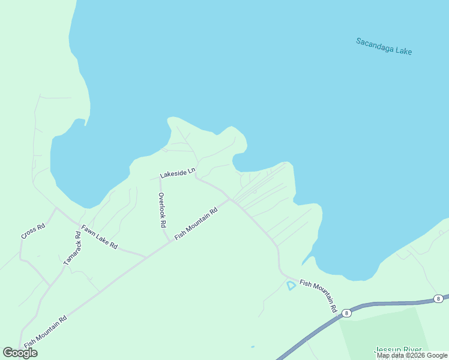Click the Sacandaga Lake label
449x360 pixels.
(384, 46)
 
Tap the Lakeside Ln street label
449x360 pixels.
(178, 173)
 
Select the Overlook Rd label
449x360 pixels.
(161, 210)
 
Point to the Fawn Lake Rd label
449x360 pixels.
(100, 237)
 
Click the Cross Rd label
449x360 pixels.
(33, 232)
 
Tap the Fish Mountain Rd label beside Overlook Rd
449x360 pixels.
(196, 224)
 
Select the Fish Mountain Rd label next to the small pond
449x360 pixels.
(318, 295)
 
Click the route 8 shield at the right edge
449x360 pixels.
(439, 299)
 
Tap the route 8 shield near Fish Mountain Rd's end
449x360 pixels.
(346, 313)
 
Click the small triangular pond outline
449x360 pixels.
(291, 285)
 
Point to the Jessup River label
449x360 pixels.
(399, 350)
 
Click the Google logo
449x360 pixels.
(20, 353)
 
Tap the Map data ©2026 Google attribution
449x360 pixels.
(412, 355)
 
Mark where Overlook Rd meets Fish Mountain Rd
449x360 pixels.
(170, 242)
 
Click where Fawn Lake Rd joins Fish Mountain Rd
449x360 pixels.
(146, 257)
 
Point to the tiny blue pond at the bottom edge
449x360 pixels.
(252, 347)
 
